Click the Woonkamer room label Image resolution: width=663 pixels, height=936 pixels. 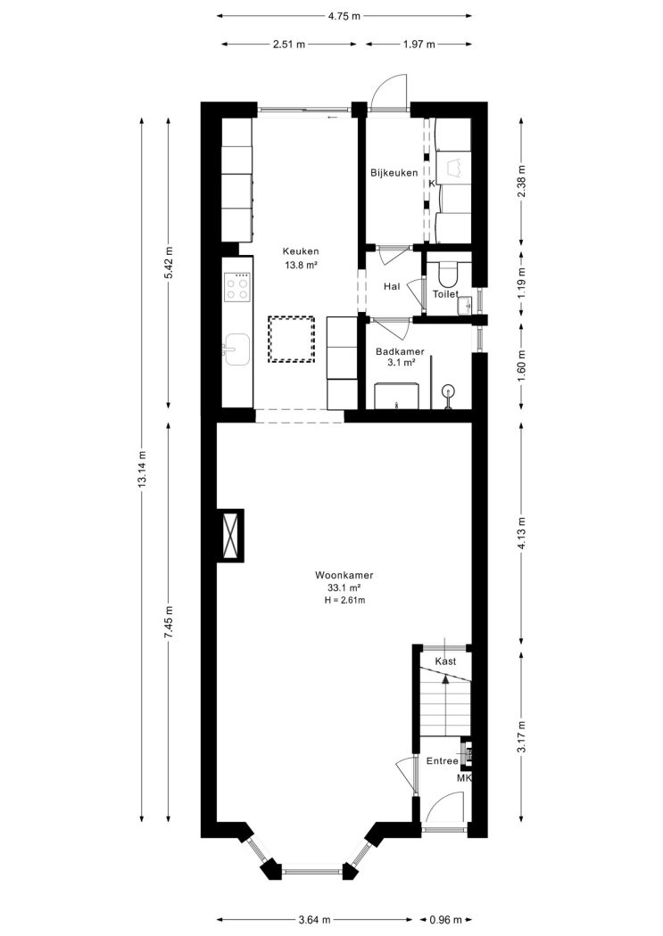pos(344,576)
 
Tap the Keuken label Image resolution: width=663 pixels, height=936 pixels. pos(301,251)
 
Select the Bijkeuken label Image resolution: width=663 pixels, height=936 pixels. pos(394,173)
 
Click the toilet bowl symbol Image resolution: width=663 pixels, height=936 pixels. pos(447,274)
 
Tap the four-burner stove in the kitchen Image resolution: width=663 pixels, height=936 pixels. pos(236,286)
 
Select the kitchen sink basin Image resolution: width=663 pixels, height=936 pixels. pos(237,349)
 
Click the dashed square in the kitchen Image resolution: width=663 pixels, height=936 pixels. pos(291,339)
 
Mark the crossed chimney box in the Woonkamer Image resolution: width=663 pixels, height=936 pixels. pos(230,535)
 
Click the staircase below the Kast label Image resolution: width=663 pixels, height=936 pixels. pos(445,701)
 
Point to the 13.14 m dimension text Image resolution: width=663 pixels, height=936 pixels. pos(142,469)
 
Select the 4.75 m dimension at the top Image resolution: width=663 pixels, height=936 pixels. pos(344,16)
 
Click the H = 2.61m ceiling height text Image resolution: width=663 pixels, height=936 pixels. pos(344,600)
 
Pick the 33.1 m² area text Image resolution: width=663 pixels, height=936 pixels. pos(344,588)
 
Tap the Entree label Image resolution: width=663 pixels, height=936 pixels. pos(442,761)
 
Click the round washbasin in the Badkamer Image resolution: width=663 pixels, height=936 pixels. pos(448,393)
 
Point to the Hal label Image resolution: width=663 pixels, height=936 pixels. pos(392,286)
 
